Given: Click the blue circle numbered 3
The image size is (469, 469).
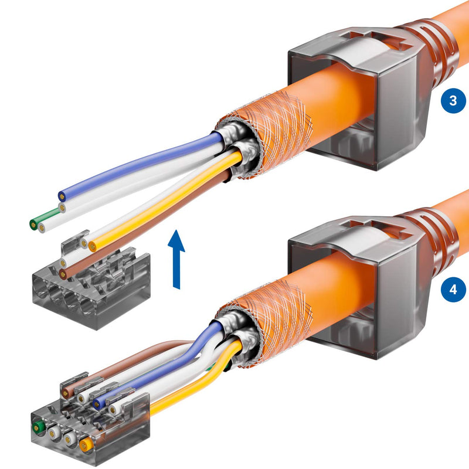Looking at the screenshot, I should tap(452, 100).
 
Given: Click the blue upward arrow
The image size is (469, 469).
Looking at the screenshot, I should tap(175, 258).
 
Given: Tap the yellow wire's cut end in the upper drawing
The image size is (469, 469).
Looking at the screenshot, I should tap(92, 247).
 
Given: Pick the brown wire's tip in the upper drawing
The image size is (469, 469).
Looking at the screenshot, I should tap(63, 273).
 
